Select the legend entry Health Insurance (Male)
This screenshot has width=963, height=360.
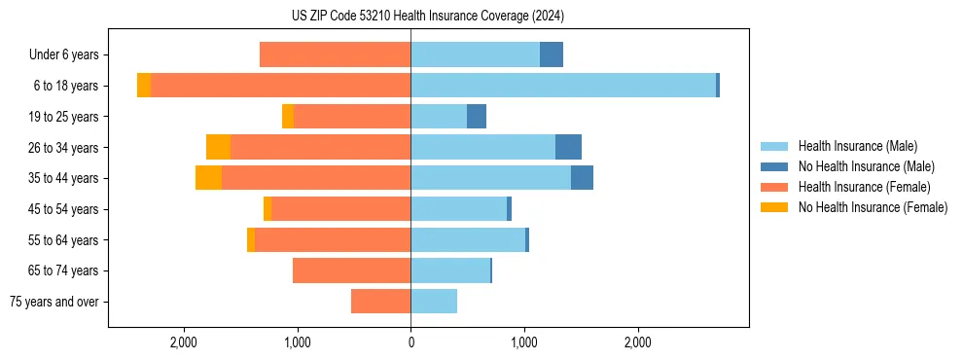(856, 146)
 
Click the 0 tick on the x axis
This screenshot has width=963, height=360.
(410, 342)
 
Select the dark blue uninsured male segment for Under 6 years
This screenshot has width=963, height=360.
(552, 54)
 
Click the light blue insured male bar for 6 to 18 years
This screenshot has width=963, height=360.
(563, 86)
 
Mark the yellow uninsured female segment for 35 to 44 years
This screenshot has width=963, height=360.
(208, 178)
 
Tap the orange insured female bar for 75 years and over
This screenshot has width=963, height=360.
(380, 302)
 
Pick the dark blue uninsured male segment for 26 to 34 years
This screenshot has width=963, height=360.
(568, 147)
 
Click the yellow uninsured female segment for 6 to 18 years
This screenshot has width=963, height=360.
(144, 86)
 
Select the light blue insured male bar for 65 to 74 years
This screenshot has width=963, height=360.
(450, 270)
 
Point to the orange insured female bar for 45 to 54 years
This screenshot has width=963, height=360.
(340, 209)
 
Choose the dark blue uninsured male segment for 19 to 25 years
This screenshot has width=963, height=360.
(477, 117)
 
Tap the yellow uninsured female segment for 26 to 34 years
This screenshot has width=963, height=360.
(218, 147)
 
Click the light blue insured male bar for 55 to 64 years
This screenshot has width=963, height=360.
(468, 240)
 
